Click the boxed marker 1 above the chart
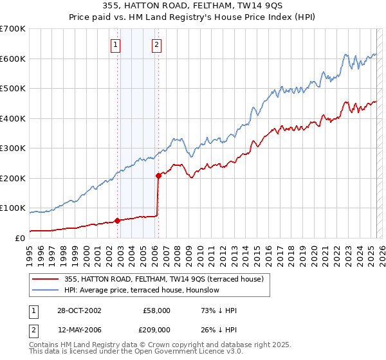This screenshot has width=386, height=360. tap(115, 44)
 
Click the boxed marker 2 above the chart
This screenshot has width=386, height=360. tap(156, 44)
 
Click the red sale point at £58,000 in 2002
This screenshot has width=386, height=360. tap(118, 221)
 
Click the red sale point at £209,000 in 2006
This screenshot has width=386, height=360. tap(158, 175)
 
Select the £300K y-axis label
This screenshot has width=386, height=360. tap(13, 148)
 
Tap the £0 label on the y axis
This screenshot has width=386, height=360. tap(21, 239)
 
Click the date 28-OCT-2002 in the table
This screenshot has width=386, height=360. tap(79, 310)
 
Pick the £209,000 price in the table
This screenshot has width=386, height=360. tap(156, 329)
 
